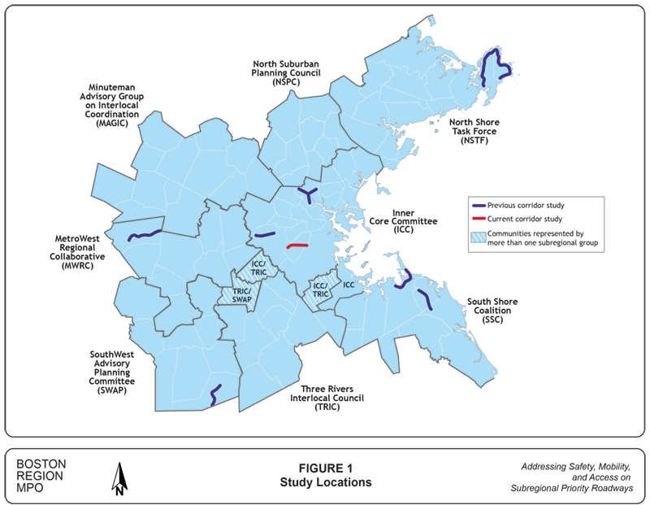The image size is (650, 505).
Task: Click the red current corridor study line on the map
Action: point(297,246)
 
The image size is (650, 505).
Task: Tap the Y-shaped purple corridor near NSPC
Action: point(307,193)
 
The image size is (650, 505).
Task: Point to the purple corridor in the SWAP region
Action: point(213,394)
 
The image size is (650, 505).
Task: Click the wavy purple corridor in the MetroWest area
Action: point(144,235)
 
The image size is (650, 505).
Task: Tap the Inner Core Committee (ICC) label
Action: point(414,220)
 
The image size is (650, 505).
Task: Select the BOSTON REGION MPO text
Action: point(41,476)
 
